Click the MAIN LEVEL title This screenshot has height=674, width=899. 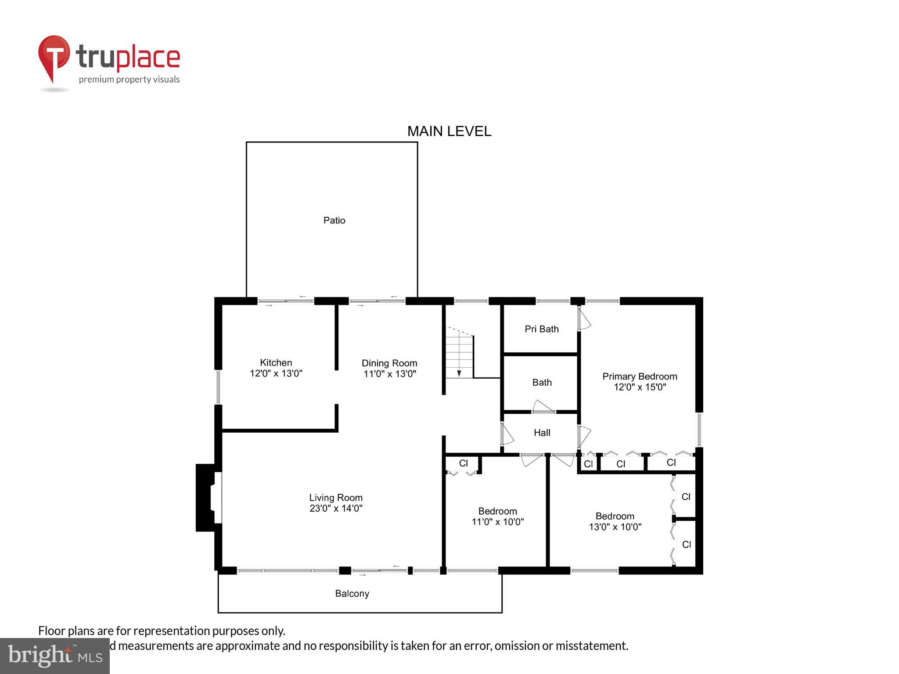tap(449, 131)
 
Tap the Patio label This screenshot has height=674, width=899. tap(334, 220)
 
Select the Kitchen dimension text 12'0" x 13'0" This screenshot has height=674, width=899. tap(276, 373)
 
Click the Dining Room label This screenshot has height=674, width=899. tap(389, 363)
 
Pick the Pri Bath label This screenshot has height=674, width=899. tap(542, 329)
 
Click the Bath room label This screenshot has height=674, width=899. tap(542, 382)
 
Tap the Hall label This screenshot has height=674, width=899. tap(542, 433)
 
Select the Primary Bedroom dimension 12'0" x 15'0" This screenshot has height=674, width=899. tap(640, 387)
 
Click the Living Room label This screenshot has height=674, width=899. tap(336, 498)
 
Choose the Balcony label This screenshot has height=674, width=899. tap(352, 594)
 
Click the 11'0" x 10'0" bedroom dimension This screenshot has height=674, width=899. tap(497, 522)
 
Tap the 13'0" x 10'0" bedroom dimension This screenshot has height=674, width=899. tap(615, 527)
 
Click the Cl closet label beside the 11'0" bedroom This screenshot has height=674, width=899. tap(464, 463)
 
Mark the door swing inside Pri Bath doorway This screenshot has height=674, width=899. tap(584, 319)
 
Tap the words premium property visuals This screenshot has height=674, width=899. tap(129, 79)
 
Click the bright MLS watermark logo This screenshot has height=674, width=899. tap(55, 656)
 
